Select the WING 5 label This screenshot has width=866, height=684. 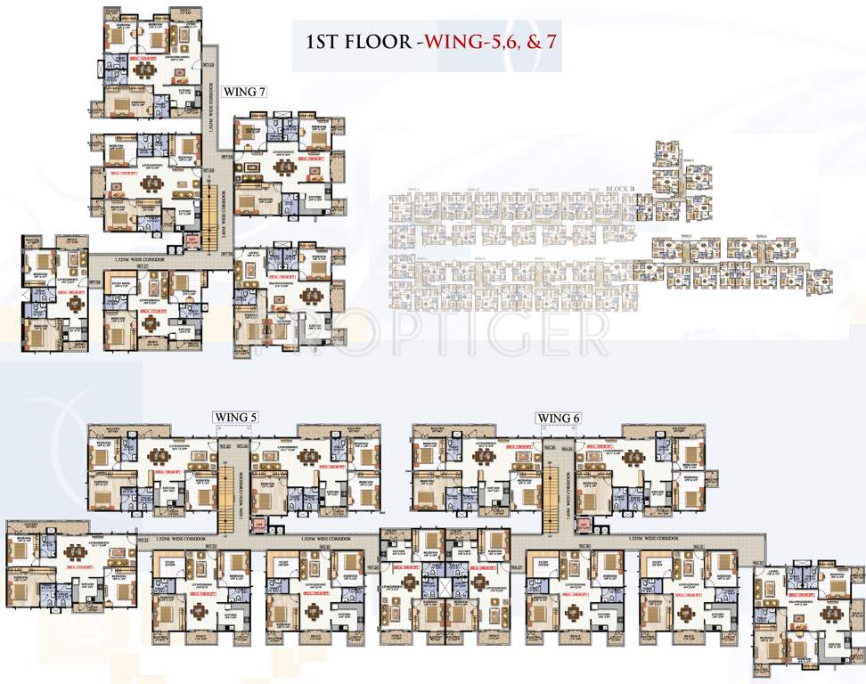click(x=234, y=417)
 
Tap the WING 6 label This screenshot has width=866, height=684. click(x=558, y=417)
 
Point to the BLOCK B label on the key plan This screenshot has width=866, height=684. click(x=618, y=190)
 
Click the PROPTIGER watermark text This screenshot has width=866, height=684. click(x=428, y=337)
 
